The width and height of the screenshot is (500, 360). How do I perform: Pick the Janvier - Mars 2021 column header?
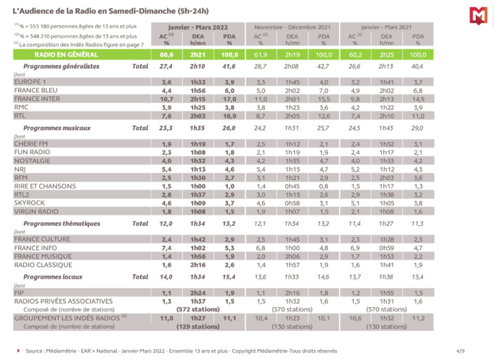pos(386,26)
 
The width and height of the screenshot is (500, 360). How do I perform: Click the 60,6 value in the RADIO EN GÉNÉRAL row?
pos(166,54)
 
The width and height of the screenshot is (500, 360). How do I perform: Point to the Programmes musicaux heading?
pos(52,128)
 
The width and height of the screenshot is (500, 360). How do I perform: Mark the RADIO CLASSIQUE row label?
pos(41,265)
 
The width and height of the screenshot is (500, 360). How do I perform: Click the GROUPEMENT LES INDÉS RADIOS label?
pos(69,317)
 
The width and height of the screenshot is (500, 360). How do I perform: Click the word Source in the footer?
pos(36,351)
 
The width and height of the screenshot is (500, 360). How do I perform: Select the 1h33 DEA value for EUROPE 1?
pos(197,82)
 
